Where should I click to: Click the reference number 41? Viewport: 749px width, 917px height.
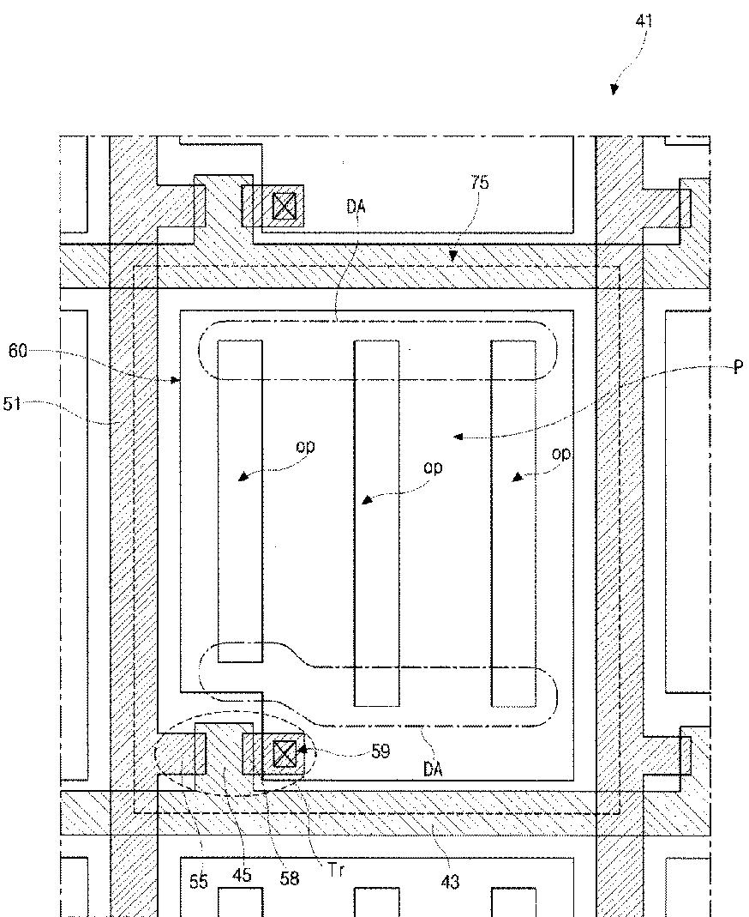pyautogui.click(x=644, y=21)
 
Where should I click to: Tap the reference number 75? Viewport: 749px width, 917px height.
pyautogui.click(x=480, y=183)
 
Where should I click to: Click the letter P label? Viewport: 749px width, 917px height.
pyautogui.click(x=737, y=367)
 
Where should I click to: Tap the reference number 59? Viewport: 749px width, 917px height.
pyautogui.click(x=380, y=751)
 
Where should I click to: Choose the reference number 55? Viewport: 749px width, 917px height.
pyautogui.click(x=198, y=881)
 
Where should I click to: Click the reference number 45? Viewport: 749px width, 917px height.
pyautogui.click(x=243, y=876)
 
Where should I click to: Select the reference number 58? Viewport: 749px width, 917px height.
pyautogui.click(x=290, y=878)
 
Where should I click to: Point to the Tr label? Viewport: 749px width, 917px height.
pyautogui.click(x=336, y=870)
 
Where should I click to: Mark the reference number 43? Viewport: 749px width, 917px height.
pyautogui.click(x=450, y=881)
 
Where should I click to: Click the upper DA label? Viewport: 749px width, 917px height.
pyautogui.click(x=357, y=206)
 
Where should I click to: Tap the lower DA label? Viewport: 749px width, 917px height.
pyautogui.click(x=433, y=769)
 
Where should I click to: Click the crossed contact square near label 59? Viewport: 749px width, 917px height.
pyautogui.click(x=284, y=754)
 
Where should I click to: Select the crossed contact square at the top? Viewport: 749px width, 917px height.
pyautogui.click(x=284, y=206)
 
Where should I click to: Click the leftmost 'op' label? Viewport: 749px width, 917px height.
pyautogui.click(x=305, y=446)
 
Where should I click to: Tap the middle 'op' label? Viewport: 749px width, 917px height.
pyautogui.click(x=433, y=468)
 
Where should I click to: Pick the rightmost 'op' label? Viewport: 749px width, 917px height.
pyautogui.click(x=561, y=454)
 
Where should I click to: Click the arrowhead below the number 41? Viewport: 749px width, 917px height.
pyautogui.click(x=614, y=90)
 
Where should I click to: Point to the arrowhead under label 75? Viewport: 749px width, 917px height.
pyautogui.click(x=453, y=256)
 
